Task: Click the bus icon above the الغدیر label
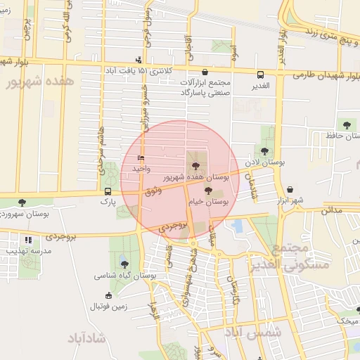click(x=261, y=74)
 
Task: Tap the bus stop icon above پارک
click(x=108, y=191)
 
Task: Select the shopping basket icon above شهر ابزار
click(x=290, y=189)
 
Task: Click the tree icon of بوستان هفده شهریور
click(x=195, y=166)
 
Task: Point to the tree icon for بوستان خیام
click(x=207, y=190)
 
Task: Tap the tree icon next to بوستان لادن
click(x=264, y=150)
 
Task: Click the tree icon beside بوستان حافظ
click(x=346, y=124)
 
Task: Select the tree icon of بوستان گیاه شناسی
click(x=124, y=264)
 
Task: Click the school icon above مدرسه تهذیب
click(x=28, y=240)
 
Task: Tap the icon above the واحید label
click(x=141, y=158)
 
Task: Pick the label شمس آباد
click(x=255, y=333)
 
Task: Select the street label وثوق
click(x=151, y=191)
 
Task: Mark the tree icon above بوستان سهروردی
click(x=23, y=202)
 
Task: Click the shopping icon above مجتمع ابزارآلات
click(x=205, y=72)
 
